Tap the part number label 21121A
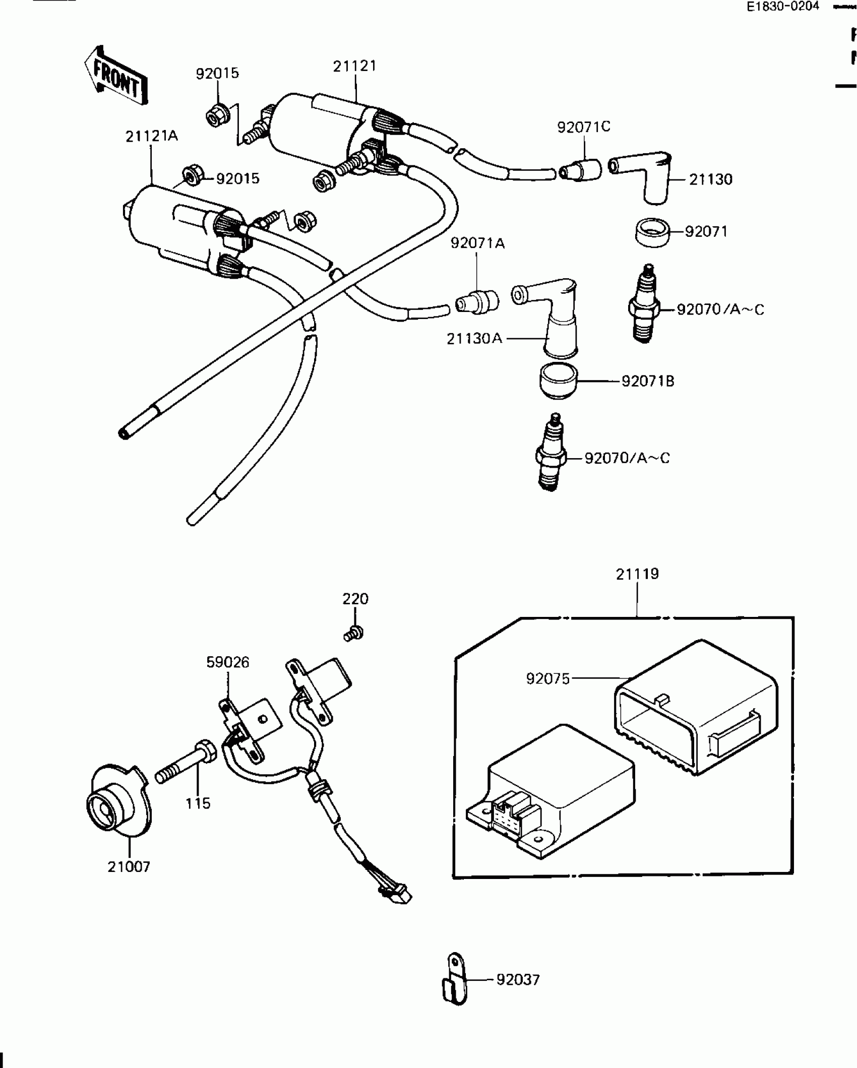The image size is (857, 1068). (152, 136)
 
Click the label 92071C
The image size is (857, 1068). (584, 127)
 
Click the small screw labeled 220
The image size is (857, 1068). (354, 633)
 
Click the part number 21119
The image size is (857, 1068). (637, 574)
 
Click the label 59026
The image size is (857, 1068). (228, 662)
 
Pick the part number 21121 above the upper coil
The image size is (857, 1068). (355, 67)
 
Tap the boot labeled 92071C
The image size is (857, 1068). (581, 170)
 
